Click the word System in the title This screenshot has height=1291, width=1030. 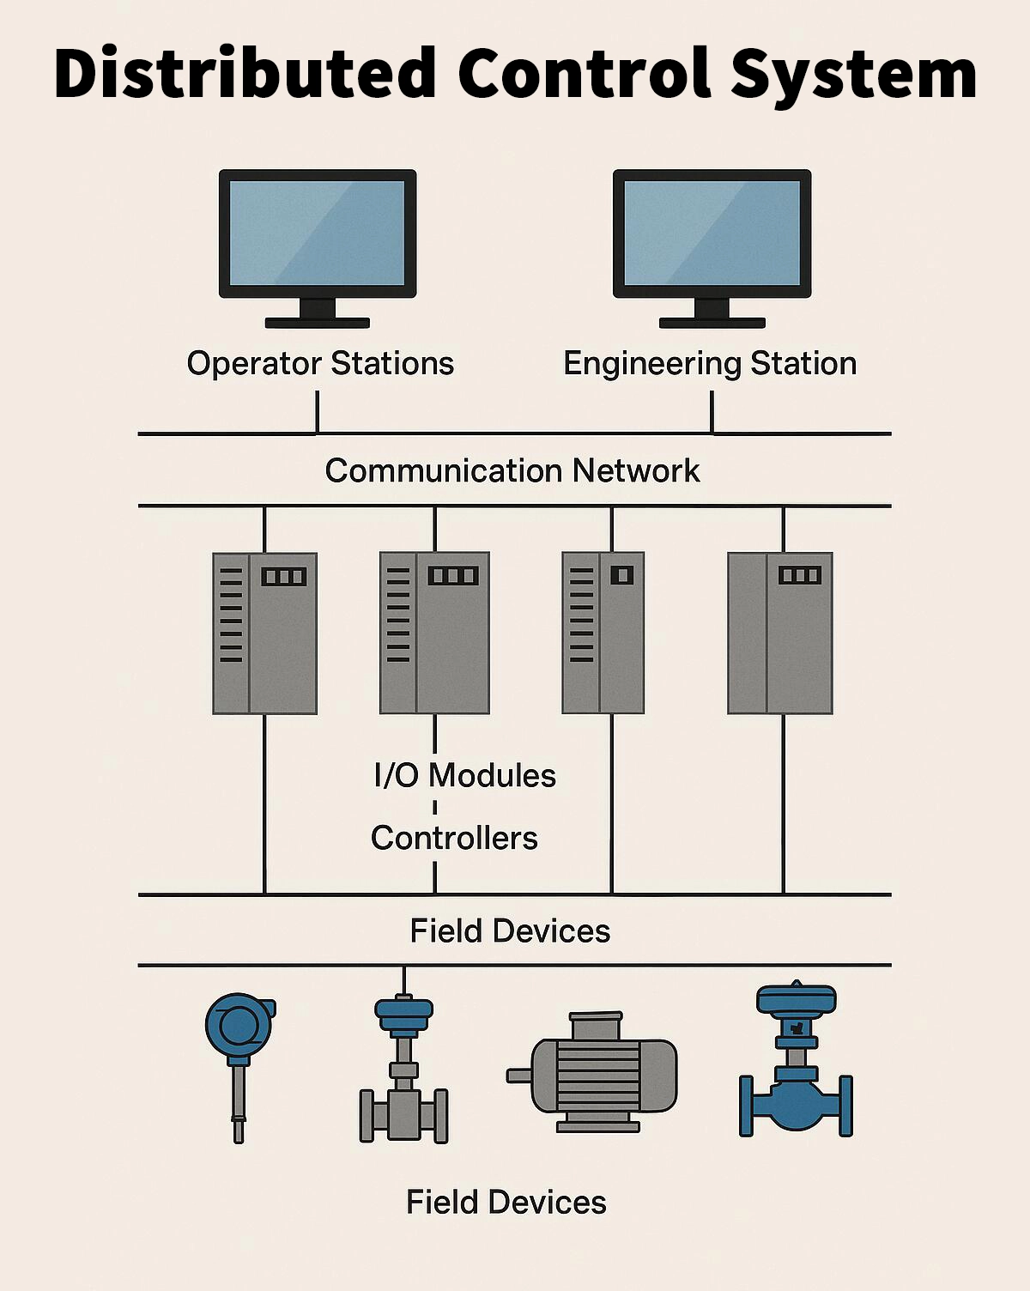853,74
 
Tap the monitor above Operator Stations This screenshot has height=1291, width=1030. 318,233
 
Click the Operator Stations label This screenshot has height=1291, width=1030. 320,363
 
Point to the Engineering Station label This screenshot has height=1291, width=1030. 710,363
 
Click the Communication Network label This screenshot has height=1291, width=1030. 512,470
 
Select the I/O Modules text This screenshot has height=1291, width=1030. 464,775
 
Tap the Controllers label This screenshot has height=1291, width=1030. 454,838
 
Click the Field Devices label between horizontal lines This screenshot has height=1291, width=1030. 510,930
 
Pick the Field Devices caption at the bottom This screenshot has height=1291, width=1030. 506,1202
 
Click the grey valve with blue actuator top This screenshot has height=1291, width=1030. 403,1073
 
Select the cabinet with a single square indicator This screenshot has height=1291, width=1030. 603,633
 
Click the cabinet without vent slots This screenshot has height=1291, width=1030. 779,633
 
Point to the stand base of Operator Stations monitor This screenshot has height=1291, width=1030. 318,323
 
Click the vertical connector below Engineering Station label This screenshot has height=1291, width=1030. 712,412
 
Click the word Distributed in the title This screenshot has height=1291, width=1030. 245,74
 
